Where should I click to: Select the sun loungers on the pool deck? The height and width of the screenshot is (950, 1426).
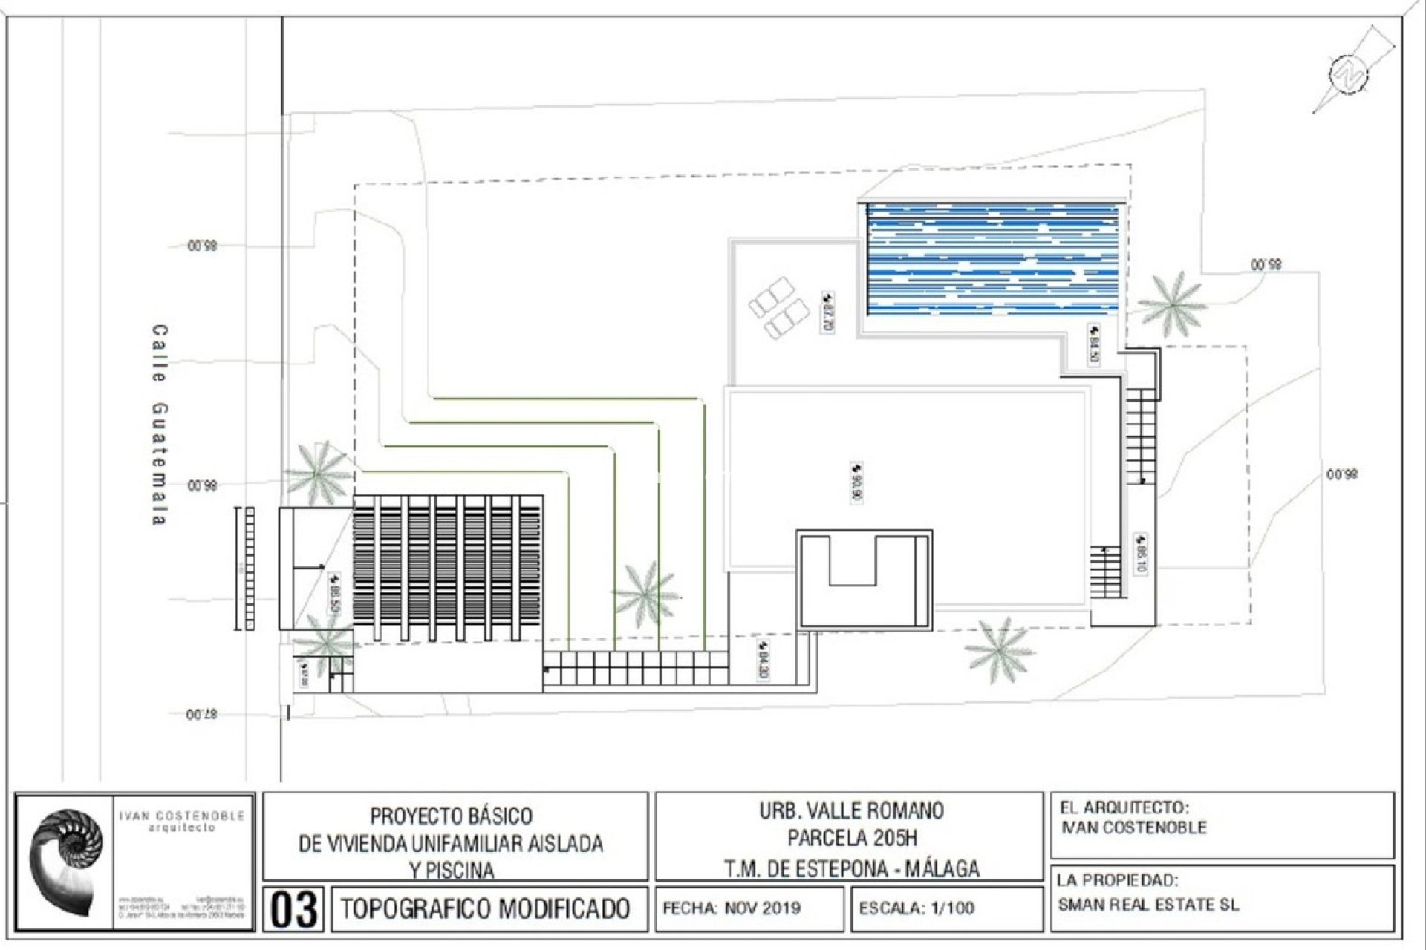click(778, 307)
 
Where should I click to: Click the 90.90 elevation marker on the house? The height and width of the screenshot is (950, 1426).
click(856, 482)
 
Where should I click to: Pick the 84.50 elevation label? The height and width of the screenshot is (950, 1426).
click(1094, 344)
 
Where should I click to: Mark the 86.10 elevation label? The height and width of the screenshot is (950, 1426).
click(1141, 554)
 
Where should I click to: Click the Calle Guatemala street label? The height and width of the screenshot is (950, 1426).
click(159, 425)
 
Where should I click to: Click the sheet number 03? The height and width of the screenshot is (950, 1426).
click(293, 909)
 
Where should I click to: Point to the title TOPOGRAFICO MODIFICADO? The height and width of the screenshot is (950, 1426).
click(486, 908)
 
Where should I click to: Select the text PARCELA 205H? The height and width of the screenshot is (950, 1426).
click(852, 839)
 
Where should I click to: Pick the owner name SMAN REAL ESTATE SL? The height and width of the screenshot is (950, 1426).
click(1148, 905)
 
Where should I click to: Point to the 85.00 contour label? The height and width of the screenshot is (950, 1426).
click(1266, 264)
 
